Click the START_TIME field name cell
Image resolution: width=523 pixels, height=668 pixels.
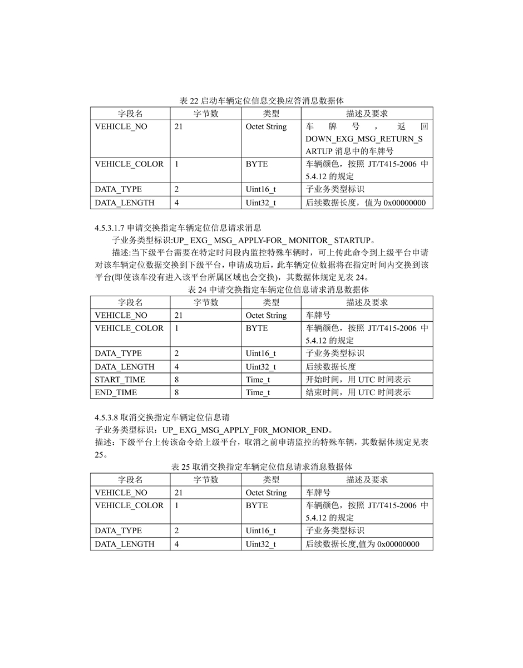point(120,380)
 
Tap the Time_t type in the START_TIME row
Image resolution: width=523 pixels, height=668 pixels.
point(258,380)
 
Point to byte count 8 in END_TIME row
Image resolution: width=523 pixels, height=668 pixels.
point(177,392)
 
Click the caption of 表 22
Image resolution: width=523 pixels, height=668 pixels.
point(261,101)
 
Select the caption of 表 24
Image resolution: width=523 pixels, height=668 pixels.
point(261,289)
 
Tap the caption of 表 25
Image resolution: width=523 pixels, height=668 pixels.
point(261,466)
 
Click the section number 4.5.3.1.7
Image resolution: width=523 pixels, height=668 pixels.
point(110,228)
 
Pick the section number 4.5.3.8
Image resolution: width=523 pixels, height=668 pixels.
point(106,417)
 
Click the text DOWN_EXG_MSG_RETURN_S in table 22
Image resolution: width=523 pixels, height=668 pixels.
point(364,139)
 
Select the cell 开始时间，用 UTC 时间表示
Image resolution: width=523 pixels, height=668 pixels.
point(358,380)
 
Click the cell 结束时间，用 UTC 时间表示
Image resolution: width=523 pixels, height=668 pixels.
point(358,392)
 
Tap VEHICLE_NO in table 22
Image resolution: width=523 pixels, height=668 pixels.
point(121,127)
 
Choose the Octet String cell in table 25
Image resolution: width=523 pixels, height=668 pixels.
point(266,493)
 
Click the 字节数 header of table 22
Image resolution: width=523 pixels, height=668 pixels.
point(206,114)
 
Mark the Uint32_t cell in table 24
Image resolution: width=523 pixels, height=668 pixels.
point(260,367)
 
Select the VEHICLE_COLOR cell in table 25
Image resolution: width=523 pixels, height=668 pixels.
point(129,505)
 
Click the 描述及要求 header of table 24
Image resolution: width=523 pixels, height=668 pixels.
point(367,302)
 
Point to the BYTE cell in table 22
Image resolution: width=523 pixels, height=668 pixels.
point(256,164)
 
